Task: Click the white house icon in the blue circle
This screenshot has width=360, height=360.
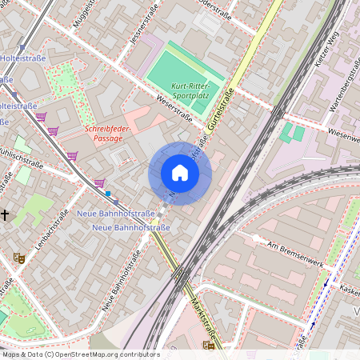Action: [x=180, y=173]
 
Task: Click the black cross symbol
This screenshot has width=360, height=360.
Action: [x=5, y=214]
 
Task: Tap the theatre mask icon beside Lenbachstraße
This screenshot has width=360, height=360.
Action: [x=18, y=258]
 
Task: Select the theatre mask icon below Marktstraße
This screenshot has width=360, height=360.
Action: [x=209, y=345]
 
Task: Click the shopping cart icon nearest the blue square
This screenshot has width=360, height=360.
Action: [x=99, y=183]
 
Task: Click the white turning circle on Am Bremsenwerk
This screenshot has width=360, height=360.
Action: [x=254, y=238]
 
